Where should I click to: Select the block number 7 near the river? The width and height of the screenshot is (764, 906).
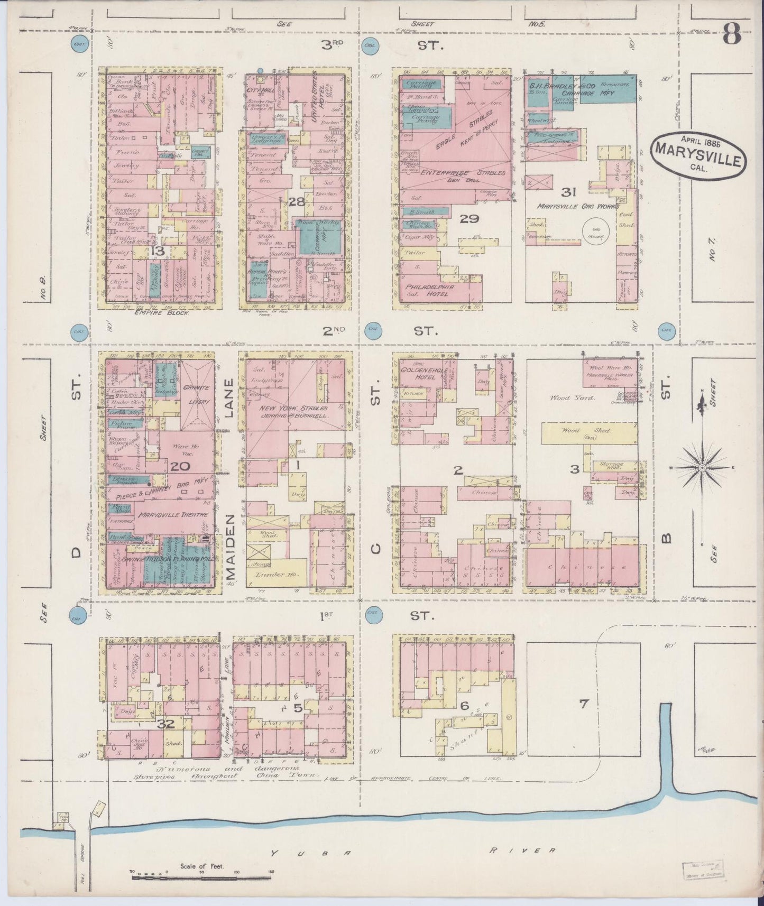coord(583,704)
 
